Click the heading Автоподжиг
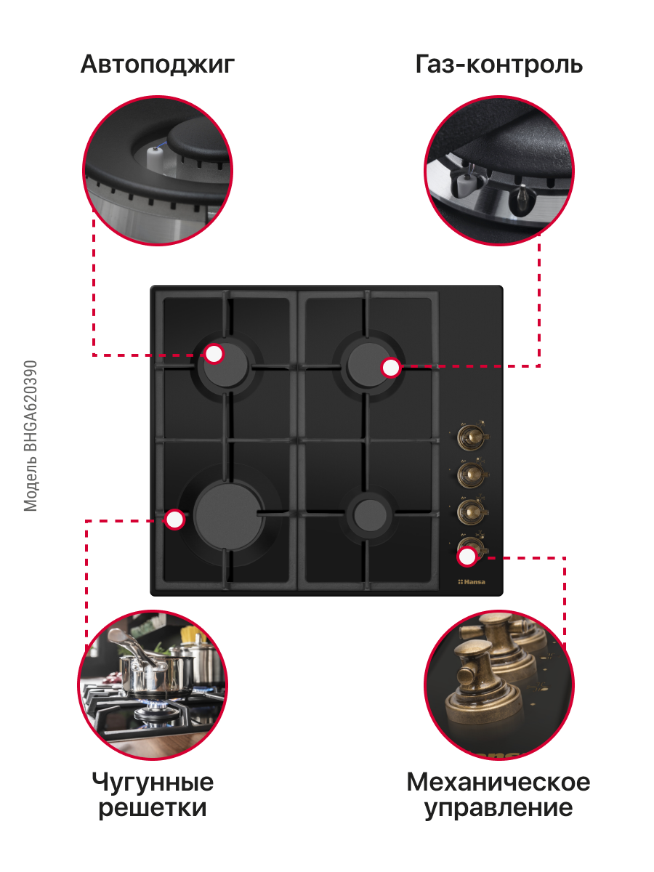pyautogui.click(x=158, y=65)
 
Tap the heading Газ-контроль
pyautogui.click(x=498, y=64)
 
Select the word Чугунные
pyautogui.click(x=153, y=783)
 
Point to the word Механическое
pyautogui.click(x=498, y=782)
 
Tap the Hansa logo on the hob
pyautogui.click(x=472, y=581)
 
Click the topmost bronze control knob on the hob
pyautogui.click(x=472, y=437)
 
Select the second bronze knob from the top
pyautogui.click(x=472, y=473)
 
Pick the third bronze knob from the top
pyautogui.click(x=472, y=510)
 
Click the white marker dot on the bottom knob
pyautogui.click(x=467, y=556)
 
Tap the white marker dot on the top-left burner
pyautogui.click(x=214, y=354)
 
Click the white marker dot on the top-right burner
pyautogui.click(x=391, y=368)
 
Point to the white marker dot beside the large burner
pyautogui.click(x=174, y=520)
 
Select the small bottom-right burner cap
pyautogui.click(x=370, y=515)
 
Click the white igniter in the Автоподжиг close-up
pyautogui.click(x=155, y=160)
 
